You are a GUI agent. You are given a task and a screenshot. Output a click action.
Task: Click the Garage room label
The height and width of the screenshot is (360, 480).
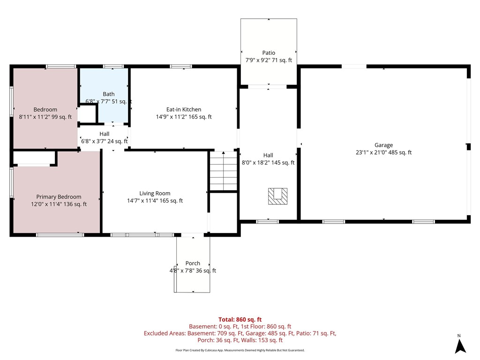point(383,145)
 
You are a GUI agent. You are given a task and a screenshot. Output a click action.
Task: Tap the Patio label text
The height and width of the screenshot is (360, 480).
point(269,53)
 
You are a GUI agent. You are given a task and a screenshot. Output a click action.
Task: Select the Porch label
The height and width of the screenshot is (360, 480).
point(193,263)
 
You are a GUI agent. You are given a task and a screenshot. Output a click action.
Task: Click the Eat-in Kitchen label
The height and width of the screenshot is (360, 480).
point(184,109)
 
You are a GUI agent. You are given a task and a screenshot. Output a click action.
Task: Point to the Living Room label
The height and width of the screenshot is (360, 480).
point(155,193)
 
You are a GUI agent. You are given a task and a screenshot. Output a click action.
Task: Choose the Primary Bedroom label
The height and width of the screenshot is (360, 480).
point(59,197)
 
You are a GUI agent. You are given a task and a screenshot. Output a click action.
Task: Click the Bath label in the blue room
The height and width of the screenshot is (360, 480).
point(109,94)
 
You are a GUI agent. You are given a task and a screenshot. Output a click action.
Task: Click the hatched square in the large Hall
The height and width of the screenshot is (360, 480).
point(277,196)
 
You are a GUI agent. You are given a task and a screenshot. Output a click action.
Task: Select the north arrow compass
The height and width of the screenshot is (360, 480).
point(460,346)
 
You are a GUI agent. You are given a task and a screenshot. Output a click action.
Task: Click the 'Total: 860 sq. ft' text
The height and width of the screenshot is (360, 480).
point(240,319)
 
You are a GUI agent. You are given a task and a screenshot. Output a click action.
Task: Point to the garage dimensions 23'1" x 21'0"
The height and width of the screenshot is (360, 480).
point(383,152)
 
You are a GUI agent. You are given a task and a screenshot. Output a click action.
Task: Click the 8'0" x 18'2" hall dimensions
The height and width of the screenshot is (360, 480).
point(268,163)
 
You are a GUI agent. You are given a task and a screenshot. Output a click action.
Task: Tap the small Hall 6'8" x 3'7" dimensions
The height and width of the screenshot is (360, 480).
point(104,141)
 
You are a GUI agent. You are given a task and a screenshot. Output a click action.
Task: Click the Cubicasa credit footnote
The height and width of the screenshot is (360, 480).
point(240,350)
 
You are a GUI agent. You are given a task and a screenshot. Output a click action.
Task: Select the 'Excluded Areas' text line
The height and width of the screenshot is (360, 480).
point(240,333)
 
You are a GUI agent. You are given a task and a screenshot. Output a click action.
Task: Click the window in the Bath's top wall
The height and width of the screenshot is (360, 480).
point(110,67)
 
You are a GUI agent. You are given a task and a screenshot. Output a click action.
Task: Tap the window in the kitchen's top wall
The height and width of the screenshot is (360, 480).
point(181,67)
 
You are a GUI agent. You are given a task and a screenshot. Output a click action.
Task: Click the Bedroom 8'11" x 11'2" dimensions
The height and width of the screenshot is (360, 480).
point(45,117)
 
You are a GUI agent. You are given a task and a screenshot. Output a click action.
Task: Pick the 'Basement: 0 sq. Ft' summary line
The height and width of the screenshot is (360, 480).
point(240,326)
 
